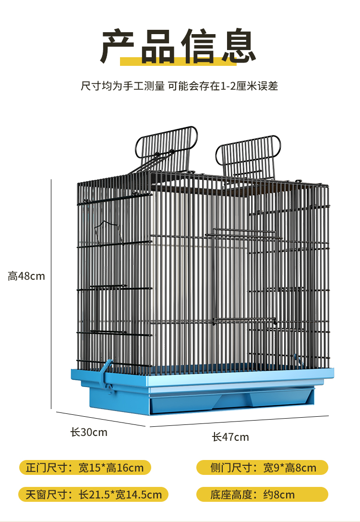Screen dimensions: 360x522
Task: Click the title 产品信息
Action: pyautogui.click(x=178, y=46)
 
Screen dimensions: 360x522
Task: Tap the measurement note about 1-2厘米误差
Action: pyautogui.click(x=179, y=86)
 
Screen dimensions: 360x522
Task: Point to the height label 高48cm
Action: pyautogui.click(x=26, y=276)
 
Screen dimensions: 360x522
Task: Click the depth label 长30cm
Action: pyautogui.click(x=89, y=432)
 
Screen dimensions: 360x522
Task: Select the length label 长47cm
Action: pyautogui.click(x=230, y=437)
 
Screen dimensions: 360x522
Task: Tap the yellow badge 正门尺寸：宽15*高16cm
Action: pyautogui.click(x=85, y=467)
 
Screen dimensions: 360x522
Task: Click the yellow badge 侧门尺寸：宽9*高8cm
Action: pyautogui.click(x=262, y=467)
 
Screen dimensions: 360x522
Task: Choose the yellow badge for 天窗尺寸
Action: pyautogui.click(x=94, y=495)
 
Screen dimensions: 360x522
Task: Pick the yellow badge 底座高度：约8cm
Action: pyautogui.click(x=262, y=495)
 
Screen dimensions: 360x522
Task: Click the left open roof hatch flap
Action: pyautogui.click(x=166, y=147)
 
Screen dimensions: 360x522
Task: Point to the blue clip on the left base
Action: pyautogui.click(x=108, y=376)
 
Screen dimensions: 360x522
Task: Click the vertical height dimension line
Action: pyautogui.click(x=51, y=294)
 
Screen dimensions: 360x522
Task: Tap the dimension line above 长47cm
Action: pyautogui.click(x=239, y=421)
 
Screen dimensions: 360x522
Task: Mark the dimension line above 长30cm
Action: pyautogui.click(x=101, y=419)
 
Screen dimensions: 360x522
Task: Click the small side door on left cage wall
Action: pyautogui.click(x=108, y=309)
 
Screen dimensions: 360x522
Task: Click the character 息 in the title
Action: pyautogui.click(x=239, y=46)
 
